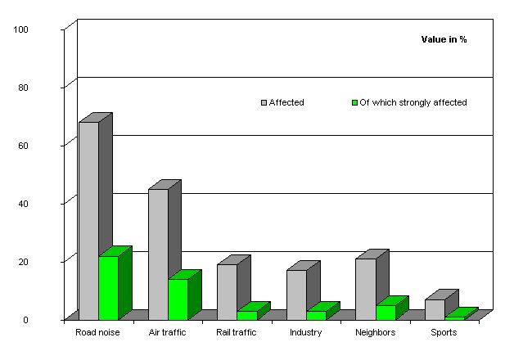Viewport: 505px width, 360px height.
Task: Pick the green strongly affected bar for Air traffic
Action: tap(178, 299)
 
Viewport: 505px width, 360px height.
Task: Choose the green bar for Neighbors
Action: tap(386, 312)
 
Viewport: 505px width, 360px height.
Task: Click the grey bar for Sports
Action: tap(435, 308)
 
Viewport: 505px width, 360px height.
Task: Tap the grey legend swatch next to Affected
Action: tap(264, 103)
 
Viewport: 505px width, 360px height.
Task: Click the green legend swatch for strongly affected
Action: tap(354, 103)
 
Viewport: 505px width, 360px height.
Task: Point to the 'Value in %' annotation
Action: tap(444, 39)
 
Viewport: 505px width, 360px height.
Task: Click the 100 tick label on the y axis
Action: tap(21, 29)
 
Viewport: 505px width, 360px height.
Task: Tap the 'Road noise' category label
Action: tap(97, 332)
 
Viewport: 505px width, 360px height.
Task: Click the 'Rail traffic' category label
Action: tap(237, 332)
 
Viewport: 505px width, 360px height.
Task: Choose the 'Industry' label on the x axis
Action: tap(305, 332)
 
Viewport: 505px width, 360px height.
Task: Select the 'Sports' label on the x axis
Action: tap(444, 332)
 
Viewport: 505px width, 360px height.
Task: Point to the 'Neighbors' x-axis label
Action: tap(375, 332)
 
